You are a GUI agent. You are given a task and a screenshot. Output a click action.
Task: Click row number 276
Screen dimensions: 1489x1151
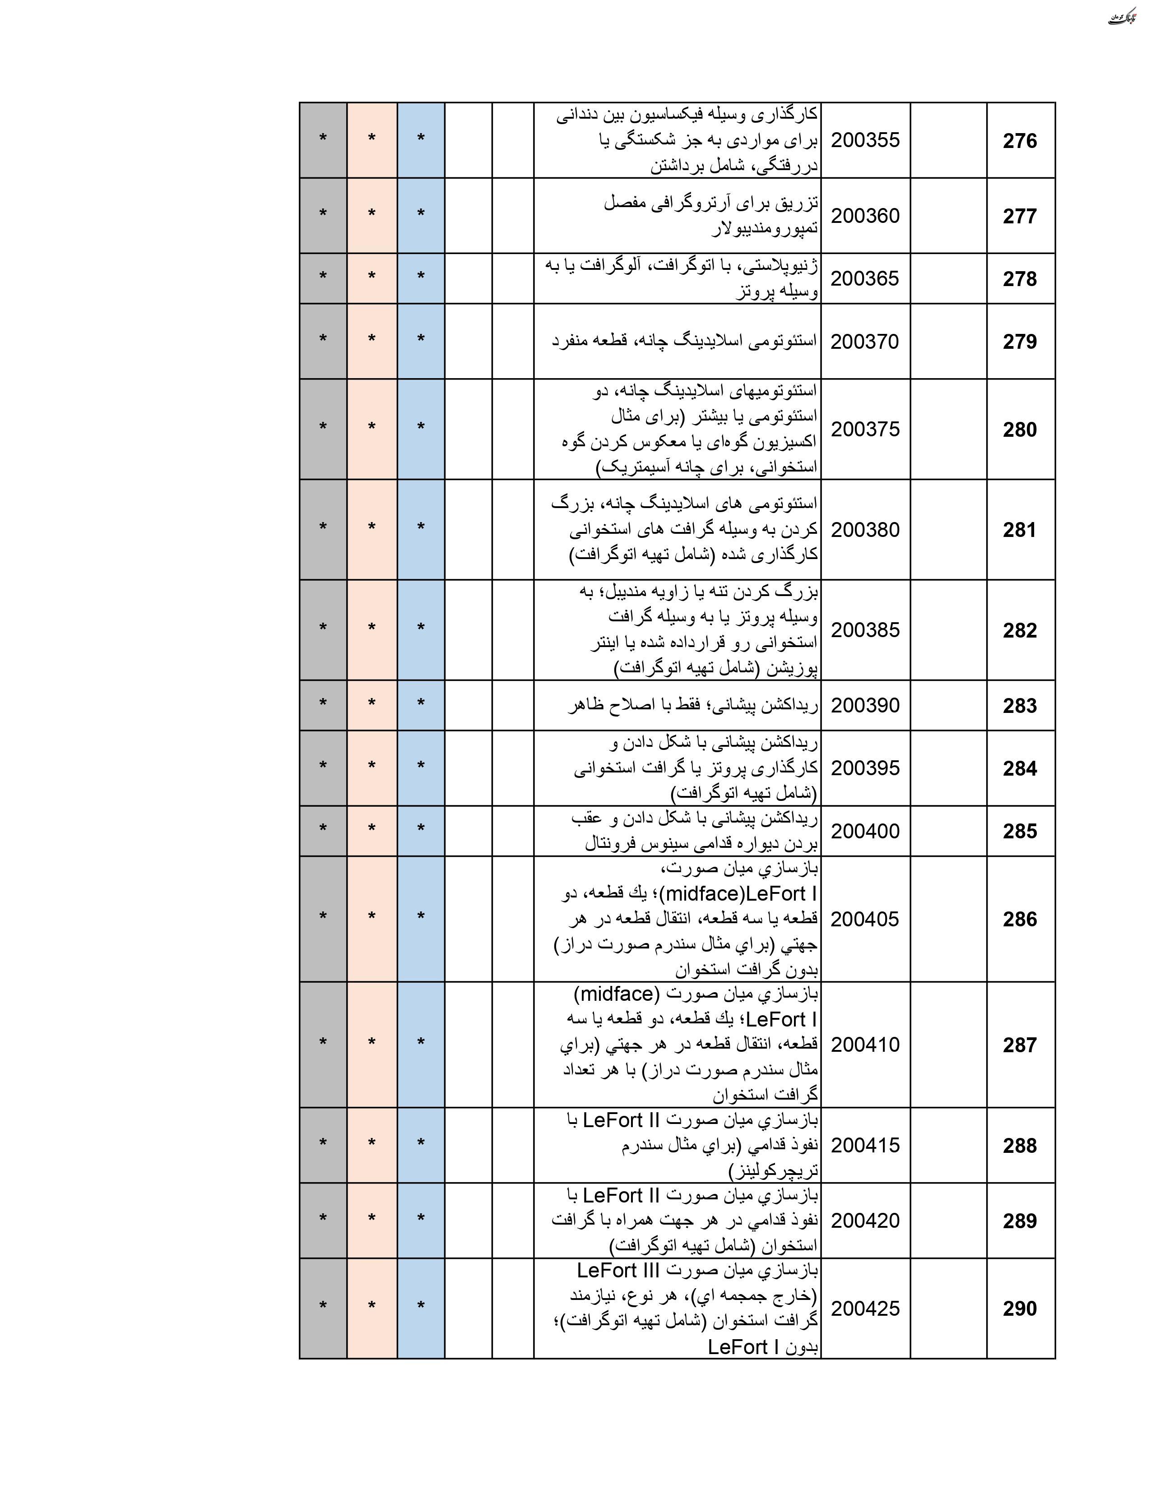1019,141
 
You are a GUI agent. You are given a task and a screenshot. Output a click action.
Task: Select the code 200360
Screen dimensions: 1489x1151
865,215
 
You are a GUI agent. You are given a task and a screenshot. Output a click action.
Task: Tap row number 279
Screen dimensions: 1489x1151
1019,342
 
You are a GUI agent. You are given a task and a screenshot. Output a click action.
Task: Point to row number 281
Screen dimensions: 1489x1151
1019,530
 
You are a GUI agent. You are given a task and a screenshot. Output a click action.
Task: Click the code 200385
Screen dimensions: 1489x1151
865,630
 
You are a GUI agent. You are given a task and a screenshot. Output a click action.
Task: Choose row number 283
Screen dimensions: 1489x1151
1019,706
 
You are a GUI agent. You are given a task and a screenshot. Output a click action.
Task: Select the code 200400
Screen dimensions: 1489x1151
865,831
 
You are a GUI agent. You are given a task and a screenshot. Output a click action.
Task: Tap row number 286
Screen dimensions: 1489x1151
1019,919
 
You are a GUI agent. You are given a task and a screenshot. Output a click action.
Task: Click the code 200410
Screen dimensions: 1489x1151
865,1045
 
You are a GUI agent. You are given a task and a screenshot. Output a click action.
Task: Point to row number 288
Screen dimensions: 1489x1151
1019,1145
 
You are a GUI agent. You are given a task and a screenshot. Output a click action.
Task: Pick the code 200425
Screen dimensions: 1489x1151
865,1309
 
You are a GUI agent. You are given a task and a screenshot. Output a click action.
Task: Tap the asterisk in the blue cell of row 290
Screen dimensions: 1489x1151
421,1306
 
